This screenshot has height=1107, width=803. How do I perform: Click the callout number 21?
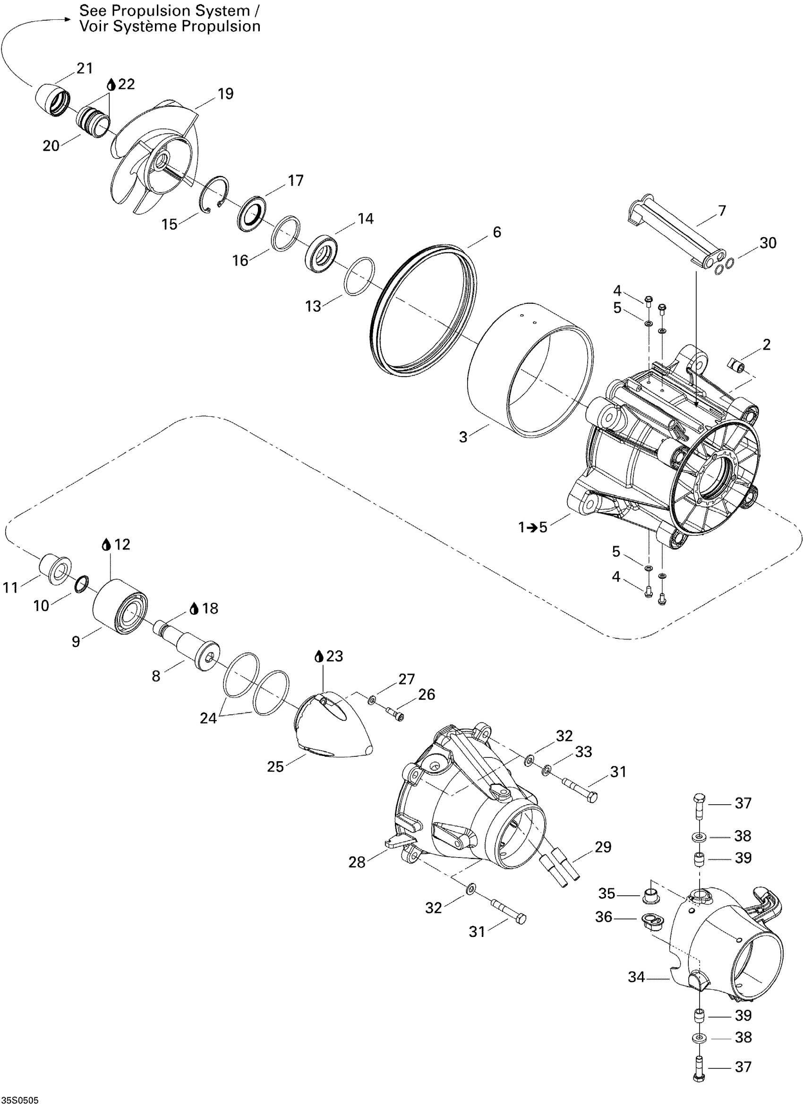point(85,69)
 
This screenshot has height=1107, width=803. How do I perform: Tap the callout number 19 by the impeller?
point(225,94)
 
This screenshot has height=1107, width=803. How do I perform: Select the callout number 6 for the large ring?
point(496,232)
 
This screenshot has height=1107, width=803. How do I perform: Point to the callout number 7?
point(722,211)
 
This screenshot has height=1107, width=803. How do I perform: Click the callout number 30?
point(768,242)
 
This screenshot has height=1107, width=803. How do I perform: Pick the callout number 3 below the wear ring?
point(463,437)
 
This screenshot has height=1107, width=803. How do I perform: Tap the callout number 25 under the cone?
point(275,767)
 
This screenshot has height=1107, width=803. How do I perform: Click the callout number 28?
point(357,862)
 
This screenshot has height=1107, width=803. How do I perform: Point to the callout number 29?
point(603,847)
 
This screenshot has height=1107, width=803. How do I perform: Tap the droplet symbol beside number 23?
point(319,656)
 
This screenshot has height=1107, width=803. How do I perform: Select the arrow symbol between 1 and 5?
point(529,527)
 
